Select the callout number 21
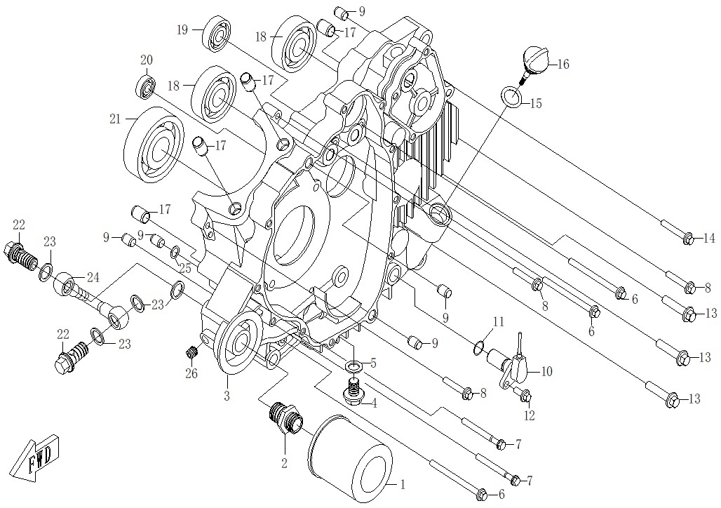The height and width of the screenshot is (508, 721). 115,120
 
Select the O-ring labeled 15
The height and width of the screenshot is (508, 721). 512,96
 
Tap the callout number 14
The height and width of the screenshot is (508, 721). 708,239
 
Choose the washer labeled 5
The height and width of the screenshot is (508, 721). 354,366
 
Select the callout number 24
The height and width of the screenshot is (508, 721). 93,276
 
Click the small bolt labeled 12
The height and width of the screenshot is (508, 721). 525,397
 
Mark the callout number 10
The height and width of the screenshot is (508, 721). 546,371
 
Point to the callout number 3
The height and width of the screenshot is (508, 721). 227,396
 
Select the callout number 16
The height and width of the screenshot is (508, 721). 563,65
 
